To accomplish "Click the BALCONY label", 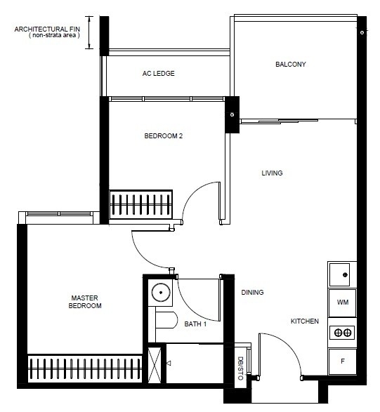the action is click(x=291, y=65).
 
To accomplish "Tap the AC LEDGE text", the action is click(x=158, y=73).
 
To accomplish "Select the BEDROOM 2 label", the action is click(x=163, y=136).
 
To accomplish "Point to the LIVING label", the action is click(x=272, y=173).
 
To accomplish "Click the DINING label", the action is click(x=252, y=292).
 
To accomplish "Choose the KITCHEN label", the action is click(x=305, y=321).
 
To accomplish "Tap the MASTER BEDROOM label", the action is click(x=85, y=302).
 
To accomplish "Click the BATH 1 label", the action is click(x=195, y=324).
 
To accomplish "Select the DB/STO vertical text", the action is click(x=240, y=368).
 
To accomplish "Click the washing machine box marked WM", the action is click(x=342, y=303).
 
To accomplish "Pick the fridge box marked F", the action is click(x=342, y=361).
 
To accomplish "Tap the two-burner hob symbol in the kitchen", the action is click(x=342, y=333).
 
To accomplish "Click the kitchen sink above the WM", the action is click(x=339, y=274).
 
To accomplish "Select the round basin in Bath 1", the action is click(x=161, y=292).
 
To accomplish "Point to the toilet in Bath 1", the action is click(x=166, y=320).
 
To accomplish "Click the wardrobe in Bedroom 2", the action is click(x=140, y=204).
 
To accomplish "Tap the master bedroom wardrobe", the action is click(x=85, y=368).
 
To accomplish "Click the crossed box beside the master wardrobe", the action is click(x=155, y=365).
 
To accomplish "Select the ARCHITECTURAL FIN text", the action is click(x=47, y=29).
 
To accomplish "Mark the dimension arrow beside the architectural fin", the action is click(x=89, y=32).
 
